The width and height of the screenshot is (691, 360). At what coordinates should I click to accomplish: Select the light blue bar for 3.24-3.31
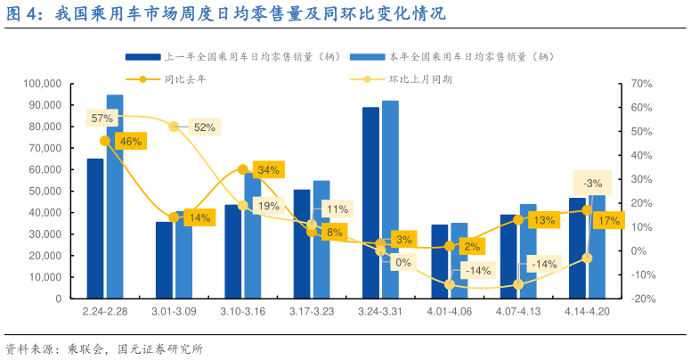[390, 200]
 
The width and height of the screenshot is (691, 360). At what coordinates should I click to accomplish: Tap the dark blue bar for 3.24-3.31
[370, 202]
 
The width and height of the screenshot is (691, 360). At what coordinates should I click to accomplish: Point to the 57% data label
[102, 119]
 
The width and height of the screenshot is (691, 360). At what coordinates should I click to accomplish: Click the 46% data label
[130, 142]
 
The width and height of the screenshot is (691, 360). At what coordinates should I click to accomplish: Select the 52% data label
[204, 127]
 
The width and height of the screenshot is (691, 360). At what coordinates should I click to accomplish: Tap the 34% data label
[268, 169]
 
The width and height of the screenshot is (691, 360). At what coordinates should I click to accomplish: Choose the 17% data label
[610, 221]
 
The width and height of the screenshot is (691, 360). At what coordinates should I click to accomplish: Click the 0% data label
[403, 263]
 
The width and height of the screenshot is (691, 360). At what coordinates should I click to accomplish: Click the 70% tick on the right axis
[641, 84]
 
